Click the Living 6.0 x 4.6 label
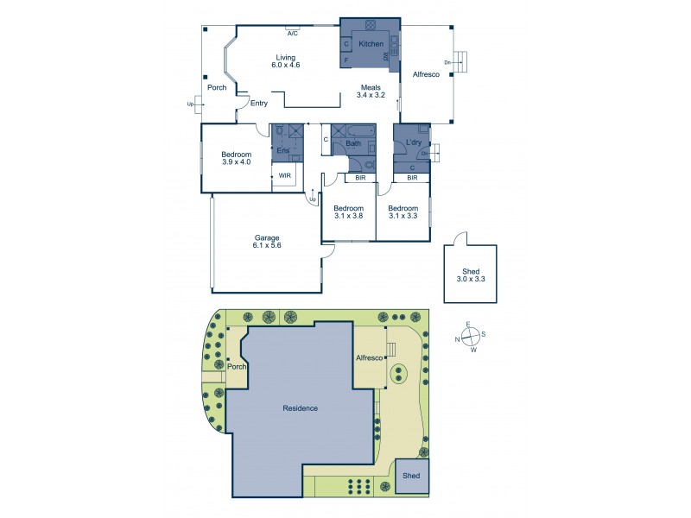(284, 60)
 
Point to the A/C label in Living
(293, 33)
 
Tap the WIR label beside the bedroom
(284, 176)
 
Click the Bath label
(354, 143)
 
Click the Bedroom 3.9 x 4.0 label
(236, 158)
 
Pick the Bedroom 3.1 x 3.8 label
(348, 212)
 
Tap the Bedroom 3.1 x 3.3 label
(403, 212)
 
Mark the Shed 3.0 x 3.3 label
(471, 275)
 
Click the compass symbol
(471, 337)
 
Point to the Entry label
(258, 104)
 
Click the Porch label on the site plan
(237, 367)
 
